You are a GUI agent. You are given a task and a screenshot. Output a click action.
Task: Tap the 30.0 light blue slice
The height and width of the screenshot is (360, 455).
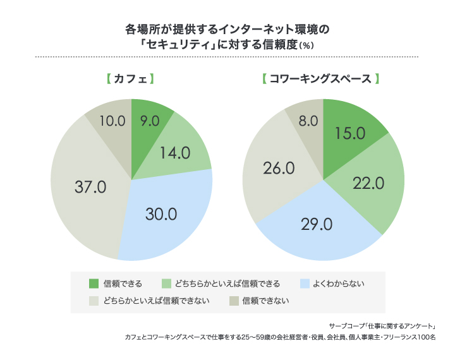coord(161,213)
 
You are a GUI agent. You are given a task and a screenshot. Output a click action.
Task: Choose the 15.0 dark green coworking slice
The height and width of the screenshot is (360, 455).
coord(350,133)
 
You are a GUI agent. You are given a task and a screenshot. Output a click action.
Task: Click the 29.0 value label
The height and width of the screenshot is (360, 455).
coord(317,224)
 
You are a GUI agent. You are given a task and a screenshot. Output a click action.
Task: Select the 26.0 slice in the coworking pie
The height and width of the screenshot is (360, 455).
coord(277,169)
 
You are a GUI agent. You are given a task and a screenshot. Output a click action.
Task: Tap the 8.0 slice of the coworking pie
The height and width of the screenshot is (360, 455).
coord(308,120)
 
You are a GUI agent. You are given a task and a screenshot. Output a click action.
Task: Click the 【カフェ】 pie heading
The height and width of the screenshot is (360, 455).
coord(131,80)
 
